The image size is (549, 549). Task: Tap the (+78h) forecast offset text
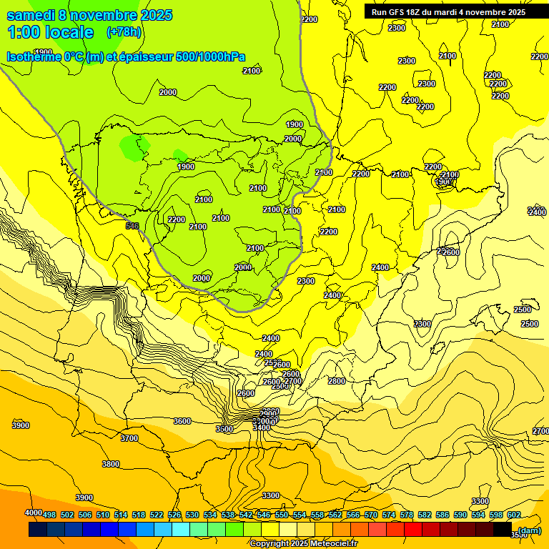[124, 31]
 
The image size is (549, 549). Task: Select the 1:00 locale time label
[50, 32]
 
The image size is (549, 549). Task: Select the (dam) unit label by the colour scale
[529, 530]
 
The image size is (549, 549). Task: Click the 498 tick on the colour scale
[49, 515]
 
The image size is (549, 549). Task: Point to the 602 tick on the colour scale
[514, 515]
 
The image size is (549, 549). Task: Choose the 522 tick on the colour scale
[157, 515]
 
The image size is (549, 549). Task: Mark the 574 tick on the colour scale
[389, 515]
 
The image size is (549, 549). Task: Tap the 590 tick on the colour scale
[460, 515]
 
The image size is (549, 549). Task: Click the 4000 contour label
[34, 513]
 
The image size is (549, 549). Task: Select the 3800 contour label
[111, 464]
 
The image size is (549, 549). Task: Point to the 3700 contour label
[129, 438]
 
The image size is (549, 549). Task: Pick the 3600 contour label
[182, 421]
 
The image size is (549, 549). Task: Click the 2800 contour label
[336, 381]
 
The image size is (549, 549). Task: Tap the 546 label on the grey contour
[132, 226]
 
